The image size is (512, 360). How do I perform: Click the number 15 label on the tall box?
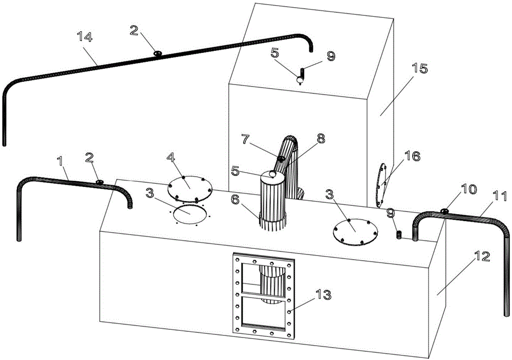419,69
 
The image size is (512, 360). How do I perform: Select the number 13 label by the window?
323,295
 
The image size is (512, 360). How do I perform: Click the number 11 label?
500,196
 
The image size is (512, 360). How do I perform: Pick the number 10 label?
468,189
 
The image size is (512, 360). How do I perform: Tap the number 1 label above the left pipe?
60,160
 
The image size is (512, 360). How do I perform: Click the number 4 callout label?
171,157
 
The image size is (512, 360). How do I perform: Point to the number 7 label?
246,139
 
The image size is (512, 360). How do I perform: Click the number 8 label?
321,138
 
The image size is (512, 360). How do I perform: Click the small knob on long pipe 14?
158,53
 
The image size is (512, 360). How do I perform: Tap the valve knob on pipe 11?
444,211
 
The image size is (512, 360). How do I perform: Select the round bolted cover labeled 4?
190,189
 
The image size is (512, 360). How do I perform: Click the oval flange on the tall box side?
381,185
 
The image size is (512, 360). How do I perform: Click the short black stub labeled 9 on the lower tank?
399,235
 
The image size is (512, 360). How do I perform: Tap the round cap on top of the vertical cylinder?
272,175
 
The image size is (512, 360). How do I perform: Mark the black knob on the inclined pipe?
281,159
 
